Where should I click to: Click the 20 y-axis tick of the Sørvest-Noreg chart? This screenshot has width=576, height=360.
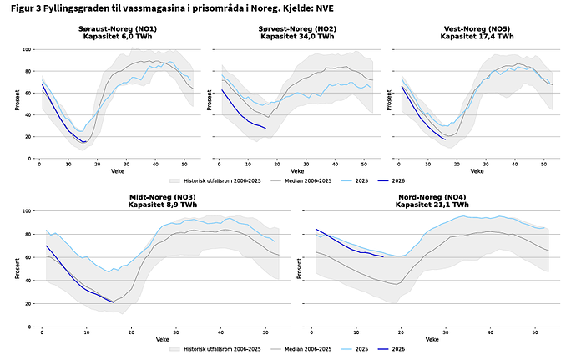pyautogui.click(x=206, y=137)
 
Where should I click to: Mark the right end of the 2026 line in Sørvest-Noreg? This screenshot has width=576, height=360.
pyautogui.click(x=265, y=128)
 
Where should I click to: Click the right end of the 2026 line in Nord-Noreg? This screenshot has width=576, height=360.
pyautogui.click(x=383, y=257)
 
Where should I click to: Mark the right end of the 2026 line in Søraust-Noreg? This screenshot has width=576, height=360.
pyautogui.click(x=84, y=142)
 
